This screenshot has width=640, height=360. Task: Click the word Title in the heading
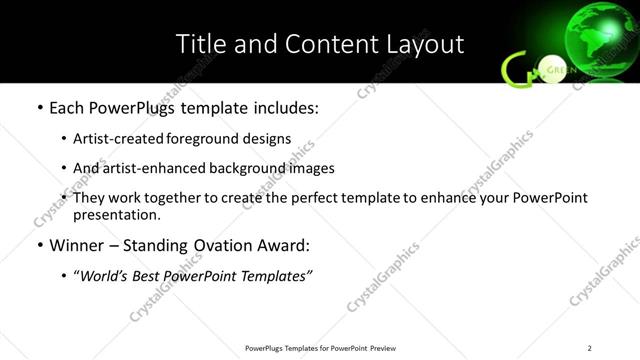coord(198,44)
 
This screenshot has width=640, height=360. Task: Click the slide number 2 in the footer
coord(590,348)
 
